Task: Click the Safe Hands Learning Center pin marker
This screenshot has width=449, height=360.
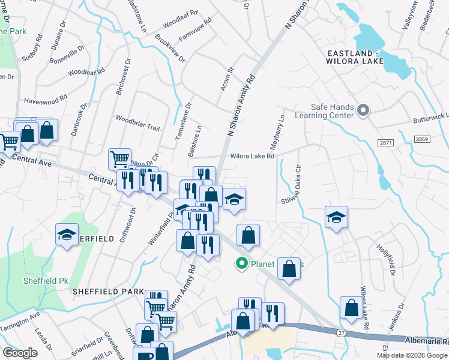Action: tap(363, 110)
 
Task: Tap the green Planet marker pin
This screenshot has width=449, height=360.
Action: tap(242, 263)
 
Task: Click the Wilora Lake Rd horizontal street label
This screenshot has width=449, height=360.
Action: tap(252, 157)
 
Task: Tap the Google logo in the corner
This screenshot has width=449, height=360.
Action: tap(20, 353)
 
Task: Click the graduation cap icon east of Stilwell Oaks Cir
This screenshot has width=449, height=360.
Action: tap(336, 218)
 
